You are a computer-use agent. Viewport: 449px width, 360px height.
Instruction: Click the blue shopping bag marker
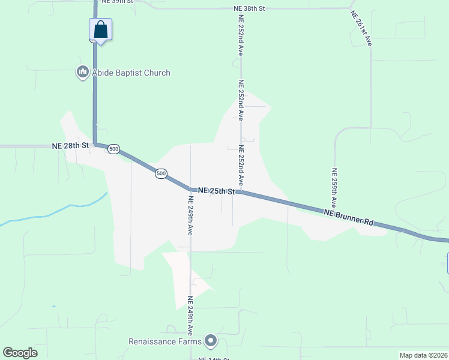tap(101, 29)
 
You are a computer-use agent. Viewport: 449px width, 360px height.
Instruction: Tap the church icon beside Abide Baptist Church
tap(82, 73)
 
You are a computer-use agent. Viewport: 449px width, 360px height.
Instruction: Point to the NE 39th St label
tap(118, 2)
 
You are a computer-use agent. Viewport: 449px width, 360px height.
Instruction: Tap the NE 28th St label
tap(70, 146)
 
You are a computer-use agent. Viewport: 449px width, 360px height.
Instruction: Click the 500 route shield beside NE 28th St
tap(114, 149)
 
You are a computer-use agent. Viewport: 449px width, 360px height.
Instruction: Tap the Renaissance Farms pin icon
tap(210, 341)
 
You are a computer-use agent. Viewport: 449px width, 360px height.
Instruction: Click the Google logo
tap(20, 353)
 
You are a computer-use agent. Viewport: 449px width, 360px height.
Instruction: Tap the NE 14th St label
tap(215, 358)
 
